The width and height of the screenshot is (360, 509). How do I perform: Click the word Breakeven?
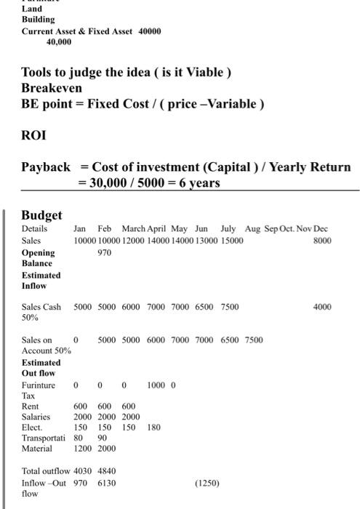(52, 88)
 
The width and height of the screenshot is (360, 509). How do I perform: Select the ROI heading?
(34, 135)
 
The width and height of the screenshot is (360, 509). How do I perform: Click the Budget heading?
(41, 215)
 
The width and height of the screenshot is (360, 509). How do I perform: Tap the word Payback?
(46, 167)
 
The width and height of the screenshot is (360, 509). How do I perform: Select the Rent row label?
(31, 406)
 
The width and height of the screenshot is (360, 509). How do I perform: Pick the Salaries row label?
(36, 417)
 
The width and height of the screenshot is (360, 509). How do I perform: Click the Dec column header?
(321, 229)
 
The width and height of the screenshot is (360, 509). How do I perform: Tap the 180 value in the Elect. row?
(153, 428)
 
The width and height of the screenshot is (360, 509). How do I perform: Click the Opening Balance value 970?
(105, 253)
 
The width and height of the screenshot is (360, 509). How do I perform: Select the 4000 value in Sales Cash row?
(322, 308)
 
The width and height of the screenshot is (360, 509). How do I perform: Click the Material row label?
(37, 449)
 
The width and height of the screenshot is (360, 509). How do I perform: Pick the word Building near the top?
(38, 20)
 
